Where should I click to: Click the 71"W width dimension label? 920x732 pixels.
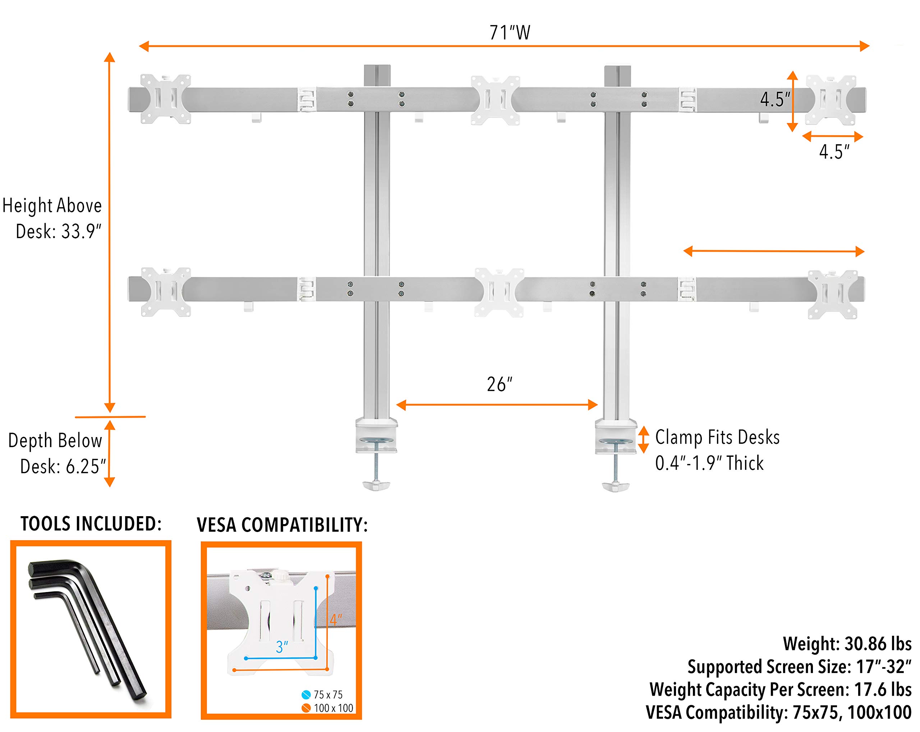tap(510, 33)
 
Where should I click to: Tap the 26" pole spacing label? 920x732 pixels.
tap(499, 385)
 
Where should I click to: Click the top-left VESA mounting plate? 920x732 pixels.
tap(166, 99)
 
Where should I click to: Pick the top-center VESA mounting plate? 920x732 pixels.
tap(496, 100)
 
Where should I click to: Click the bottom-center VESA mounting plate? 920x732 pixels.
tap(499, 292)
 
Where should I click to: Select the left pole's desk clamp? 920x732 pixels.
tap(376, 436)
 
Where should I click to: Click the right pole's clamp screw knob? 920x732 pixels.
tap(615, 486)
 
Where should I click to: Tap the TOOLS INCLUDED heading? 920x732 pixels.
tap(91, 524)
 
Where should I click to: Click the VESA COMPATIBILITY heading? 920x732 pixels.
tap(282, 525)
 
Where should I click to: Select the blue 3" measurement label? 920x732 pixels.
tap(282, 647)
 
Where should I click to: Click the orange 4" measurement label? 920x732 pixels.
tap(335, 620)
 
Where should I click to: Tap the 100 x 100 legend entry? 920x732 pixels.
tap(328, 708)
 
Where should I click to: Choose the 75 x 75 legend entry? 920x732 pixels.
tap(323, 695)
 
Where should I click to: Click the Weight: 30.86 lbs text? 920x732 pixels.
tap(847, 644)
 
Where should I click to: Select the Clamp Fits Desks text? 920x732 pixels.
tap(717, 437)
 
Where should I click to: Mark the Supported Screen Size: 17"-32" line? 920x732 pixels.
tap(799, 667)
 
